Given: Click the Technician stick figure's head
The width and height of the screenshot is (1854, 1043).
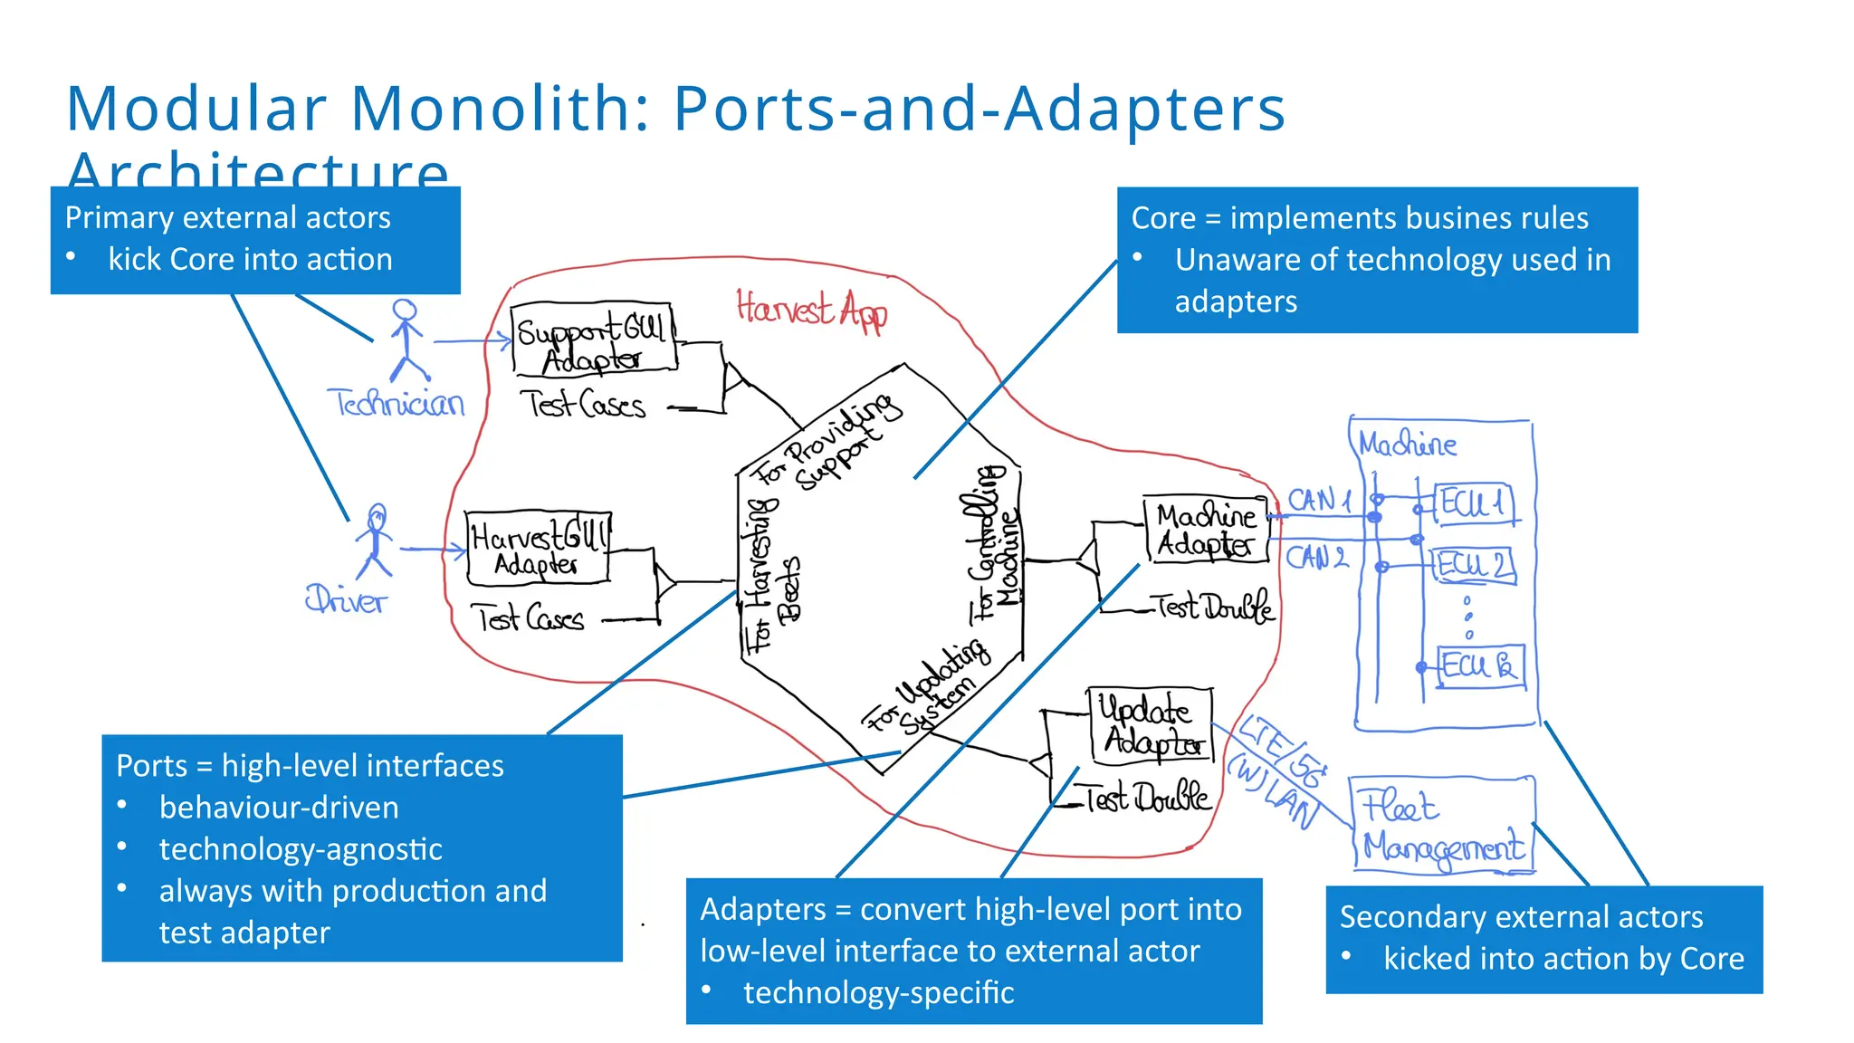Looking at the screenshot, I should point(405,311).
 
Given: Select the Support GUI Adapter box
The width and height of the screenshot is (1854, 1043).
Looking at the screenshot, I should point(593,340).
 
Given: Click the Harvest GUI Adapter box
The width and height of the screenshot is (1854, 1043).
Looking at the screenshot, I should point(538,548).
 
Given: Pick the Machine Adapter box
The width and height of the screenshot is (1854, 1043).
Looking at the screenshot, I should point(1206,530).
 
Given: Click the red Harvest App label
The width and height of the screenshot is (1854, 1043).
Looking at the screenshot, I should point(811,310).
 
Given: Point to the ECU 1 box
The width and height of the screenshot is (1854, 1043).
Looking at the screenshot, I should point(1473,502).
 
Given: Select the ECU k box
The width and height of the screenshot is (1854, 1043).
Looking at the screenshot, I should point(1480,666).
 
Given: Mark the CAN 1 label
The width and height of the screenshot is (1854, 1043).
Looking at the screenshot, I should point(1319,500).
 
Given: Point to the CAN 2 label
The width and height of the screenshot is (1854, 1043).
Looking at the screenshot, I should point(1317,557).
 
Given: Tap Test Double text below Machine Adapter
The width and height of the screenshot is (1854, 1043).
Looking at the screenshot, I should point(1213,607).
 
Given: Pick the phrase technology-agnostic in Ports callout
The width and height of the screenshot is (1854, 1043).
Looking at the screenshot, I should point(301,849).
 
